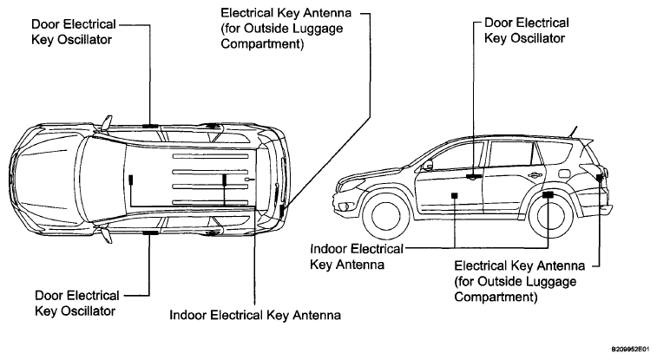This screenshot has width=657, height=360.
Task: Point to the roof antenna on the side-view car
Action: (574, 131)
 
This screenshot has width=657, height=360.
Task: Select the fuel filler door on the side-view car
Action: (564, 173)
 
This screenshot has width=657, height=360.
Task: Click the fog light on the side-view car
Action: (345, 206)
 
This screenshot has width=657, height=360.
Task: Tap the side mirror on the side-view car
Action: (427, 166)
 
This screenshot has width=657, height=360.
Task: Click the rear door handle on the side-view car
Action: (535, 175)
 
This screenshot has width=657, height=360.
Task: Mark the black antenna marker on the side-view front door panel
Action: (455, 195)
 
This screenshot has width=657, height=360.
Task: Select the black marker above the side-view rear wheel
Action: (548, 194)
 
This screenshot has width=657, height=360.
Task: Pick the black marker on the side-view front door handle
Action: (474, 177)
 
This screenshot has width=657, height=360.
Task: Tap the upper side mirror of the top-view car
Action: (108, 122)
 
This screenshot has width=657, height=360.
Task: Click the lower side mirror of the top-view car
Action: (108, 235)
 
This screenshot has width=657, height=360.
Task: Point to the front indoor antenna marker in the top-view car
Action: (131, 180)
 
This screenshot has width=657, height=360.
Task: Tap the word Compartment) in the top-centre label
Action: (262, 44)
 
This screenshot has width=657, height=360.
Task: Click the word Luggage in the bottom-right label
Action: (553, 282)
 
